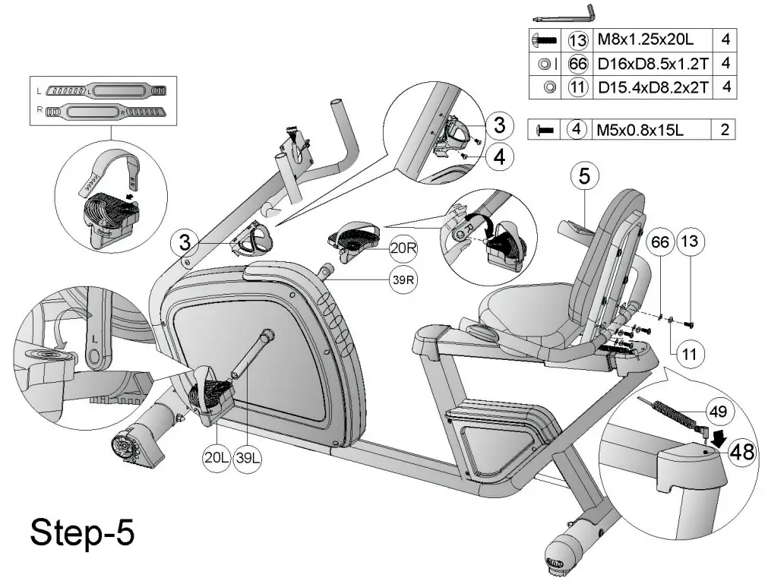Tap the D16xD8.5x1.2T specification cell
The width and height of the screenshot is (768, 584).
pyautogui.click(x=653, y=63)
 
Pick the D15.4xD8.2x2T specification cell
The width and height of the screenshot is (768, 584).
pyautogui.click(x=653, y=87)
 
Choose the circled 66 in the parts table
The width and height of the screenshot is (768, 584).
pyautogui.click(x=578, y=63)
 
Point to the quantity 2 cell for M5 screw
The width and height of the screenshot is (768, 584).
pyautogui.click(x=725, y=130)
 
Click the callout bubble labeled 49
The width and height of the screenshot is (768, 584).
pyautogui.click(x=717, y=412)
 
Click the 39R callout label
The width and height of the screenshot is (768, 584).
pyautogui.click(x=403, y=279)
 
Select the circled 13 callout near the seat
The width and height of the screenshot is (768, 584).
pyautogui.click(x=689, y=243)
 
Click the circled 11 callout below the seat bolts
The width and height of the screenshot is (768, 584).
pyautogui.click(x=689, y=353)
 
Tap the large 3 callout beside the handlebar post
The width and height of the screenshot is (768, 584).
pyautogui.click(x=183, y=243)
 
